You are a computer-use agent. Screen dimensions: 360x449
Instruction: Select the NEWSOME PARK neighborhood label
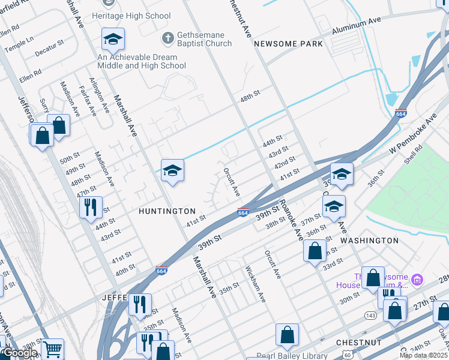pyautogui.click(x=288, y=44)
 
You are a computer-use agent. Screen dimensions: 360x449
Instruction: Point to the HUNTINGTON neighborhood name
pyautogui.click(x=167, y=211)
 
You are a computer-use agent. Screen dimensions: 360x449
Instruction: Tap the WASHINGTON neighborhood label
pyautogui.click(x=369, y=240)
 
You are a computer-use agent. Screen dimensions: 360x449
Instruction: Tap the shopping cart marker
pyautogui.click(x=52, y=349)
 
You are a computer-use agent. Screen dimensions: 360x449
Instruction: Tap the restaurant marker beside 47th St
pyautogui.click(x=91, y=208)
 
